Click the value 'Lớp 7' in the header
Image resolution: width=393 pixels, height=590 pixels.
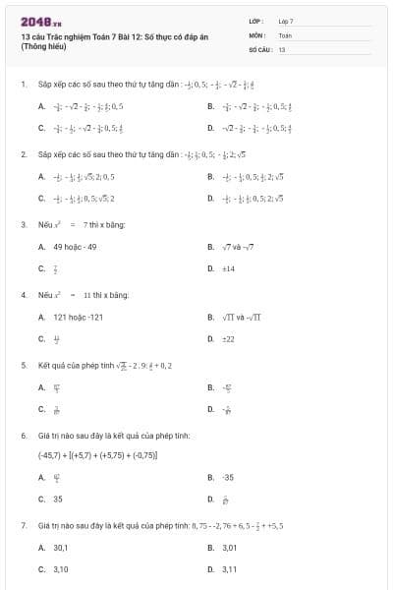tap(286, 21)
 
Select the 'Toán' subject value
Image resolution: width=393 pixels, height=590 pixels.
tap(285, 34)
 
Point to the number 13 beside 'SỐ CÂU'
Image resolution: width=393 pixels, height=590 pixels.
tap(282, 48)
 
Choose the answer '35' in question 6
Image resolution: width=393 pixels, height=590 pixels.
tap(58, 499)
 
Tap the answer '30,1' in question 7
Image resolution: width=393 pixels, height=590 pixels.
tap(61, 547)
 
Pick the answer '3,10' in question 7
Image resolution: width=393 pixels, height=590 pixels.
tap(61, 568)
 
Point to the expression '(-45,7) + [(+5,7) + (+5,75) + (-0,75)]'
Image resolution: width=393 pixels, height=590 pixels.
tap(98, 455)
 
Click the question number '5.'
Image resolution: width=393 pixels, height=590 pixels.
tap(24, 365)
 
